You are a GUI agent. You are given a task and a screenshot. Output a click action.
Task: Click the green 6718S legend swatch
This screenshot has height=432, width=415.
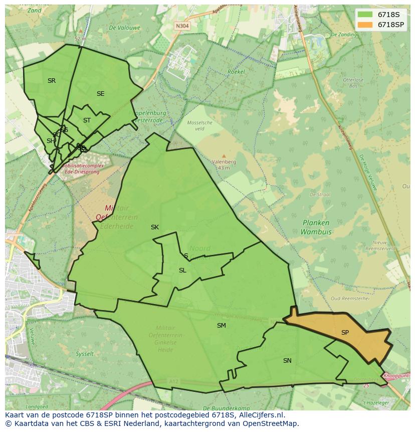pyautogui.click(x=365, y=15)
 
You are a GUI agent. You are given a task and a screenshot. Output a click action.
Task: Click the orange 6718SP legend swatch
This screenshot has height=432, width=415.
pyautogui.click(x=365, y=25)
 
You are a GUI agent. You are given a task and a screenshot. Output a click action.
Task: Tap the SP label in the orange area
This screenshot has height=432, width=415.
pyautogui.click(x=345, y=333)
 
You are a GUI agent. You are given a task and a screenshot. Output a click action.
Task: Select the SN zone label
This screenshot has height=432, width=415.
pyautogui.click(x=287, y=361)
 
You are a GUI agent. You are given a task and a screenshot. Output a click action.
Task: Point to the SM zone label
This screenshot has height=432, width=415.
pyautogui.click(x=221, y=326)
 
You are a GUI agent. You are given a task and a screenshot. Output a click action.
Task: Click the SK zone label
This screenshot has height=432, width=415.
pyautogui.click(x=155, y=227)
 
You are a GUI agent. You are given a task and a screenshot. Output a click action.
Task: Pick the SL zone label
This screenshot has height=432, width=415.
pyautogui.click(x=182, y=270)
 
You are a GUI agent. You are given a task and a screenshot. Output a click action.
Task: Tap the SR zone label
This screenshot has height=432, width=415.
pyautogui.click(x=52, y=81)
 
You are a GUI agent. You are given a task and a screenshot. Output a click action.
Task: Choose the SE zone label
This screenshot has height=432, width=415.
pyautogui.click(x=101, y=94)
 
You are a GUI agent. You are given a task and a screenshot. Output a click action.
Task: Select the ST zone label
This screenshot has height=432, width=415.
pyautogui.click(x=87, y=120)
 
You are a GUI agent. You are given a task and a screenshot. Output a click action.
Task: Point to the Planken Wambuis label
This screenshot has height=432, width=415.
pyautogui.click(x=316, y=227)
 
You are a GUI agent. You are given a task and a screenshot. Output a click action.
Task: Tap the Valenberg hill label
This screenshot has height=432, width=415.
pyautogui.click(x=224, y=162)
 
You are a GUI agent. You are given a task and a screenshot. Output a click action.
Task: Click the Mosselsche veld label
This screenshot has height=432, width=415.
pyautogui.click(x=199, y=125)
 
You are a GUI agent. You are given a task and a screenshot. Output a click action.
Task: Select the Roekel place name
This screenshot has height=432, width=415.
pyautogui.click(x=236, y=72)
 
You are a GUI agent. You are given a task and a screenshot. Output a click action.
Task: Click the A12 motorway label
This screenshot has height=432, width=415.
pyautogui.click(x=173, y=382)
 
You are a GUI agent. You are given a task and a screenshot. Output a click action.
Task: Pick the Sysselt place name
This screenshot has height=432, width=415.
pyautogui.click(x=85, y=354)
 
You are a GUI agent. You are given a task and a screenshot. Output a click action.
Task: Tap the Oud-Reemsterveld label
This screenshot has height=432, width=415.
pyautogui.click(x=350, y=298)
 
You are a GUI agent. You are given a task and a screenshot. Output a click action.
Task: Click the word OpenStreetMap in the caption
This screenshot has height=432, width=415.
pyautogui.click(x=271, y=423)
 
